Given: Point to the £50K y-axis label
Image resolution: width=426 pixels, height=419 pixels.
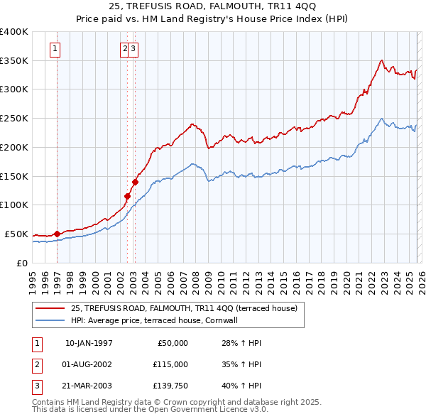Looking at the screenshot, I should coord(16,234).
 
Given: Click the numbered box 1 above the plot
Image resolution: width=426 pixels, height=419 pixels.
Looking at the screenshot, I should coord(55,49).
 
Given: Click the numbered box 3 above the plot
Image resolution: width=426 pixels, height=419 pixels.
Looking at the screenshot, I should coord(133,49).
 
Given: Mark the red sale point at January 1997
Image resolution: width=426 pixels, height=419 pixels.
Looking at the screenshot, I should coord(57,234).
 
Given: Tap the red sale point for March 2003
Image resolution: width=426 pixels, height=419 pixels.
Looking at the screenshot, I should coord(134,182).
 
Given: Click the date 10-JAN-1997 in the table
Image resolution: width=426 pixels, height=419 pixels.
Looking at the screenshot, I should coord(89,343).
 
